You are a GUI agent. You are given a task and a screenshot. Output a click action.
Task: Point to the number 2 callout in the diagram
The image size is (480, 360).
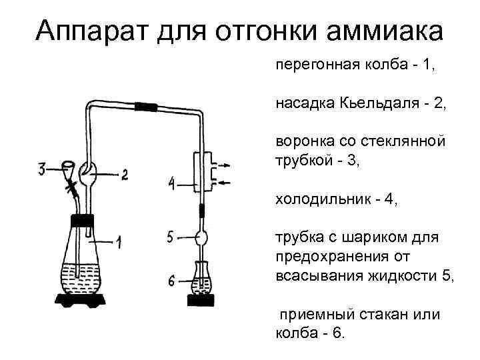point(124,175)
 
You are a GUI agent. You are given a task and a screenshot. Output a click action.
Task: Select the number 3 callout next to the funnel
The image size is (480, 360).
point(42,169)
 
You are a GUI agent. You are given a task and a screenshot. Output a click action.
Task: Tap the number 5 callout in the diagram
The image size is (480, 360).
point(171,236)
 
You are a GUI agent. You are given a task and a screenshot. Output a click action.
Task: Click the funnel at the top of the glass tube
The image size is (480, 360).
point(67,166)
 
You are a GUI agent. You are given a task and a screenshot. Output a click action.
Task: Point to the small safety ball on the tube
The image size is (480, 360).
point(201,235)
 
